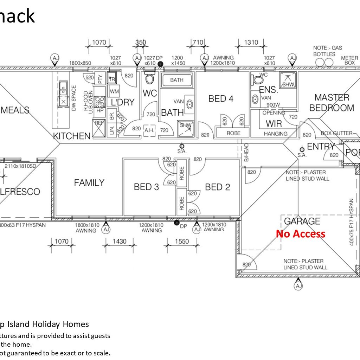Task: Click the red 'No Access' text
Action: click(301, 234)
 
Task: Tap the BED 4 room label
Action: click(221, 98)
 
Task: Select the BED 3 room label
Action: click(146, 187)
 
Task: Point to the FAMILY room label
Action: click(89, 182)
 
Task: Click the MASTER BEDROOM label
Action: click(332, 103)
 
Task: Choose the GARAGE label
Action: click(302, 221)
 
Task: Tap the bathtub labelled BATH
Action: click(176, 80)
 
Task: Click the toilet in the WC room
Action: click(150, 78)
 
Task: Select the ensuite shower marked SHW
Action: click(288, 81)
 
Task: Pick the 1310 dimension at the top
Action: click(251, 42)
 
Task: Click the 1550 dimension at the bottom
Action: click(182, 242)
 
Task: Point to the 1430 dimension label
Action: click(120, 242)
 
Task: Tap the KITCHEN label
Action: click(72, 136)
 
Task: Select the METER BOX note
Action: click(349, 60)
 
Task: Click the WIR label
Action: click(274, 123)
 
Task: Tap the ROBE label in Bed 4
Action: click(233, 133)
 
